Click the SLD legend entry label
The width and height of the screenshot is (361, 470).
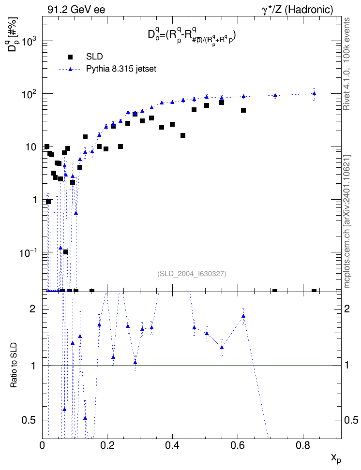point(94,57)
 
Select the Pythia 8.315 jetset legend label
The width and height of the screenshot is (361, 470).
point(121,69)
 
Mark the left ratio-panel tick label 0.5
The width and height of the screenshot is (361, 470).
point(30,420)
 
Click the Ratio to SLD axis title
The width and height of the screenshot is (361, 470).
point(14,365)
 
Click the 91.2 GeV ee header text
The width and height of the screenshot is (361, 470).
point(76,10)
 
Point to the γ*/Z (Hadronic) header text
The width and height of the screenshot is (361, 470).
point(298,10)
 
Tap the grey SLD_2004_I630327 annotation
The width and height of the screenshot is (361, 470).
point(192,274)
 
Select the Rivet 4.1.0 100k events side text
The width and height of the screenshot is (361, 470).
point(346,64)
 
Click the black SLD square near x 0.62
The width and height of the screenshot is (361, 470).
point(243,110)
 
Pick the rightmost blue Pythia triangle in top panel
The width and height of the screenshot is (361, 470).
point(314,93)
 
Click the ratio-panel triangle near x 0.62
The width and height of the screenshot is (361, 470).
point(243,316)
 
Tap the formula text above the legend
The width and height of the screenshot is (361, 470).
point(192,36)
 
